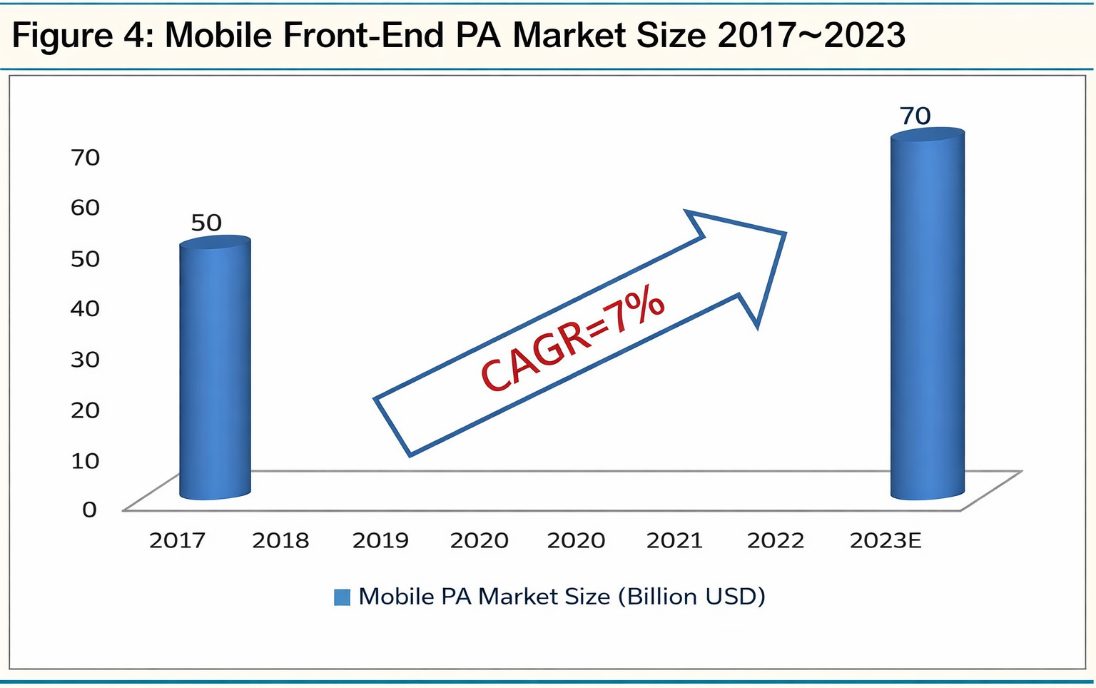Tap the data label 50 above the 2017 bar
(206, 223)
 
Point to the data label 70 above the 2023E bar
(915, 116)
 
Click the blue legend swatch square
(342, 597)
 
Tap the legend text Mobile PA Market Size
(484, 597)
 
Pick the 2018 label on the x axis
(280, 541)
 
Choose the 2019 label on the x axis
(380, 541)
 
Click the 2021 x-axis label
(674, 541)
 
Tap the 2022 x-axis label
(776, 541)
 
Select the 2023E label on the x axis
(886, 541)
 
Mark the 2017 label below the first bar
(177, 541)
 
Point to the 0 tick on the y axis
(89, 510)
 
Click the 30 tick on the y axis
(85, 359)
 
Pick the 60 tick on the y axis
(85, 208)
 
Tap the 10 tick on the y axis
(85, 460)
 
